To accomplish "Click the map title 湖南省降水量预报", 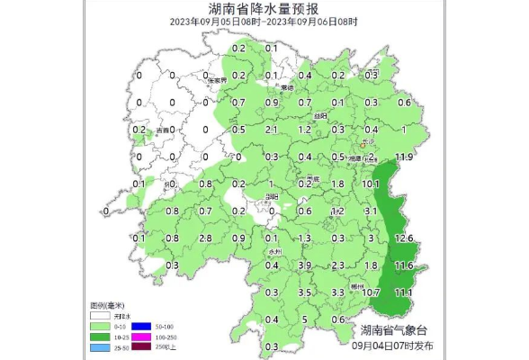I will pos(264,10).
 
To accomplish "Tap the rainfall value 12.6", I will pos(404,238).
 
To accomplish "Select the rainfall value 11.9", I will pos(403,157).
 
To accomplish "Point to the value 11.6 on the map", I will pos(404,265).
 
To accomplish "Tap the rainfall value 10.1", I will pos(371,184).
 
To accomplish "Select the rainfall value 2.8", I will pos(205,238).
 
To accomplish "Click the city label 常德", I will pos(287,88).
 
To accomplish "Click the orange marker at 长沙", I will pos(363,143).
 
